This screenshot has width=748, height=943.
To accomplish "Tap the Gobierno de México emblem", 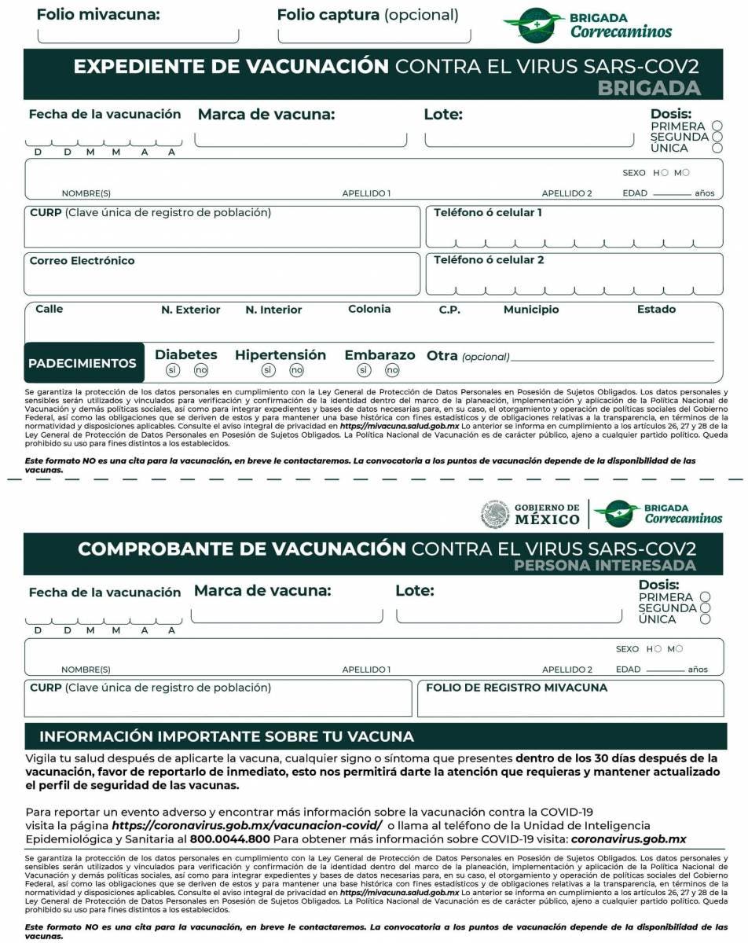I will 495,515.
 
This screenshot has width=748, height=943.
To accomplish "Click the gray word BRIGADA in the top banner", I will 648,87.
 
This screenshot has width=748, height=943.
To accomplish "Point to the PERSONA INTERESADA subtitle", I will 604,566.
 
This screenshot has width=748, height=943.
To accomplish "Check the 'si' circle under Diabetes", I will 173,370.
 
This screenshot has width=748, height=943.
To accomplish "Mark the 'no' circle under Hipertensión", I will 296,370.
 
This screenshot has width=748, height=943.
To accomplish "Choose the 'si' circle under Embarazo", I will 364,370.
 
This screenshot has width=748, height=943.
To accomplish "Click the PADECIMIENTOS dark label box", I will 83,363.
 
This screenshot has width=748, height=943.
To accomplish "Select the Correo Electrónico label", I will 82,261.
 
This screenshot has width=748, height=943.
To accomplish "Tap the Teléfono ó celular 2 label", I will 489,260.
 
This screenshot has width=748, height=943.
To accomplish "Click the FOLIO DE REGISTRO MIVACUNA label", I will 516,688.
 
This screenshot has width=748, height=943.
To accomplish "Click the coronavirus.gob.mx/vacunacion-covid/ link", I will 247,825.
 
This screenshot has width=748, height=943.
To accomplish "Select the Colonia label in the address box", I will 369,310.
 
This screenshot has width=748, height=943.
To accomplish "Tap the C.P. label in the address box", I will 449,310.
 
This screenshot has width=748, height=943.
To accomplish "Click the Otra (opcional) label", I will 467,356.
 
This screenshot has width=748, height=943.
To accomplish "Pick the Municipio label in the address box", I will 531,310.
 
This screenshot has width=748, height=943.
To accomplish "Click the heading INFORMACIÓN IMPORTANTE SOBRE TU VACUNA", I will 226,736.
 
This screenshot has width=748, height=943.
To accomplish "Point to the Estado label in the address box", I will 656,310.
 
